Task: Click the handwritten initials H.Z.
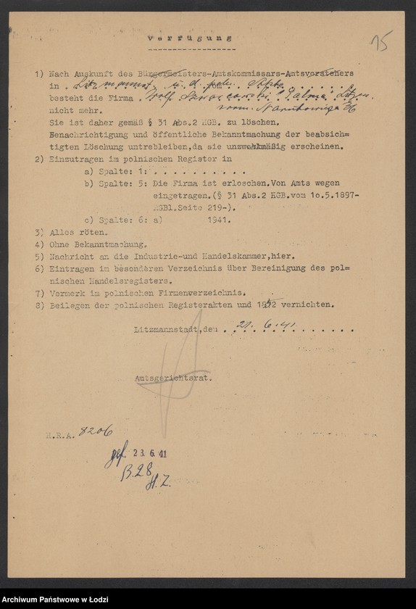click(157, 484)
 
